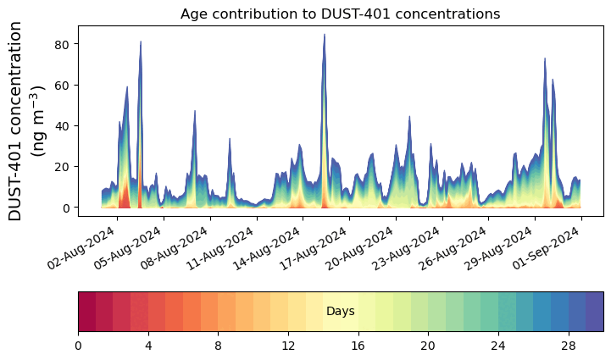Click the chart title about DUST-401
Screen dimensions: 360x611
coord(340,14)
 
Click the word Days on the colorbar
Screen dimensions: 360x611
coord(340,312)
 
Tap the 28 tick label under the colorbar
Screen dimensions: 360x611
coord(568,346)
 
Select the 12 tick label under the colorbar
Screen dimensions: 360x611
coord(288,346)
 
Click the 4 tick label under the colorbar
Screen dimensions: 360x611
coord(148,346)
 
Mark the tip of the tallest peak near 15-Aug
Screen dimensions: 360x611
coord(324,35)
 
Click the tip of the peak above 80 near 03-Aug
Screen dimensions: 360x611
coord(141,42)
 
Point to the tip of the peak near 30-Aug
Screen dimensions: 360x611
coord(545,58)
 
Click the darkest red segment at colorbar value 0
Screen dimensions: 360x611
coord(86,312)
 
